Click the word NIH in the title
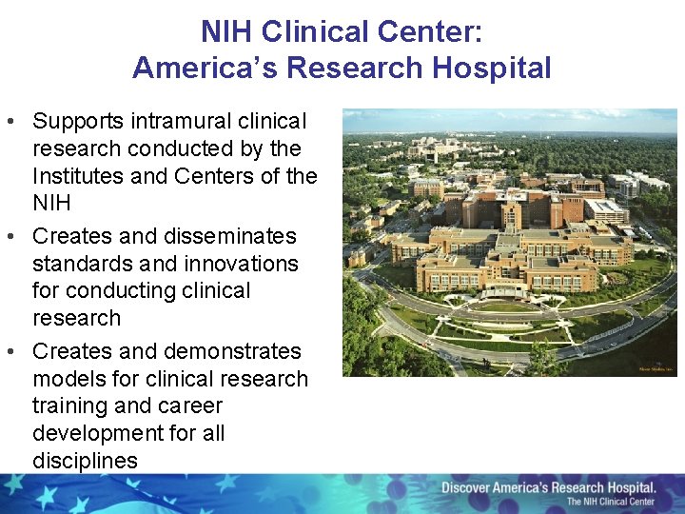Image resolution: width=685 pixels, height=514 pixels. point(227,31)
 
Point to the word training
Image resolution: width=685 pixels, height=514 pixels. point(68,405)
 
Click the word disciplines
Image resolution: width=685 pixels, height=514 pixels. point(85,461)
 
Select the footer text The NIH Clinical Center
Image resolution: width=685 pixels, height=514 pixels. point(611,502)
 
